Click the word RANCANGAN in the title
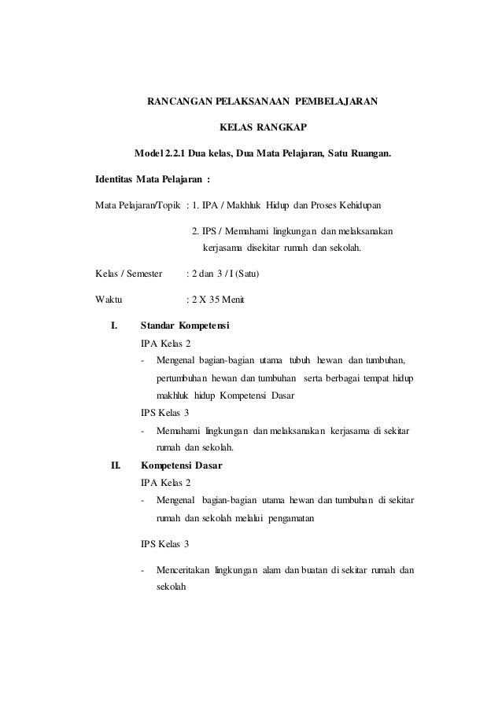coord(173,101)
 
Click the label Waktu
coord(108,300)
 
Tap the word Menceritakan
coord(186,570)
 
